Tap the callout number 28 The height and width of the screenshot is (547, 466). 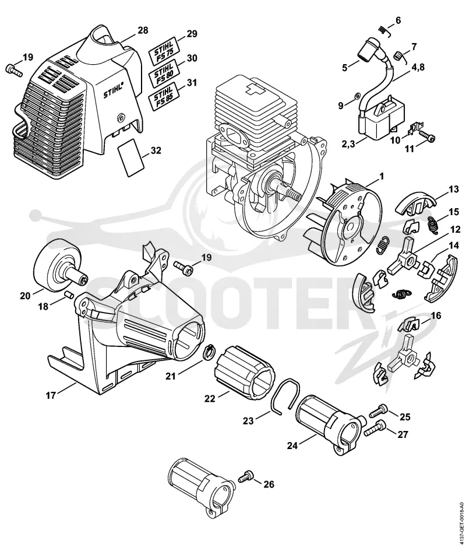(143, 30)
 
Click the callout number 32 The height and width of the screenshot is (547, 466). (156, 150)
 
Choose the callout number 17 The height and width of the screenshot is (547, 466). (51, 396)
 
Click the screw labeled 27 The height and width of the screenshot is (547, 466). (376, 429)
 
